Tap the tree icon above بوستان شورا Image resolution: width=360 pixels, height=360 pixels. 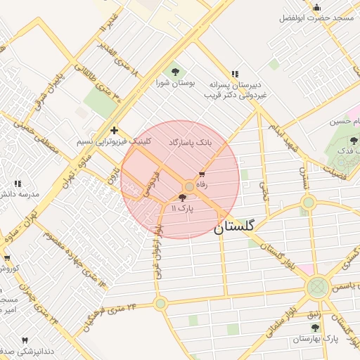(173, 71)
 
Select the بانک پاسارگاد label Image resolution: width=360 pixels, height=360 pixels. (190, 142)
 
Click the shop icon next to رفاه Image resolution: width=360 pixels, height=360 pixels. (202, 173)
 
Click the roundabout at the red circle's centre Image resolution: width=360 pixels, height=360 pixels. (189, 186)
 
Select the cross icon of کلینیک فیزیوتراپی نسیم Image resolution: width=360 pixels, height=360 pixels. (114, 130)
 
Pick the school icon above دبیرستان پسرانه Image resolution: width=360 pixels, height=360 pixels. (234, 73)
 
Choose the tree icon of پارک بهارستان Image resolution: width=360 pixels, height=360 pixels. (315, 327)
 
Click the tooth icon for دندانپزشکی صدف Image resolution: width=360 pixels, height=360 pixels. (26, 340)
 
